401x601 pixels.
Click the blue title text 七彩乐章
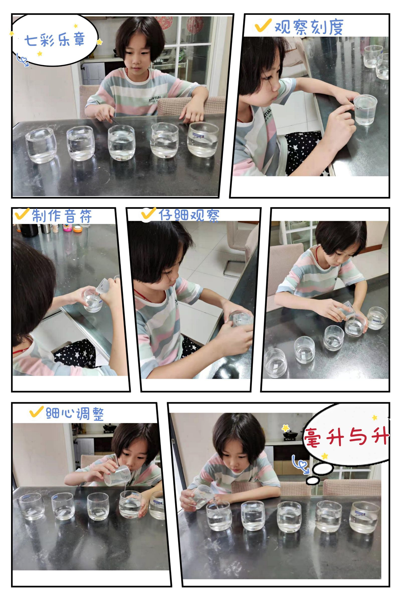point(54,40)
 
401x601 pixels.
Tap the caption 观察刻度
point(309,27)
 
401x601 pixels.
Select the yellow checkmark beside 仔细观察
point(149,214)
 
